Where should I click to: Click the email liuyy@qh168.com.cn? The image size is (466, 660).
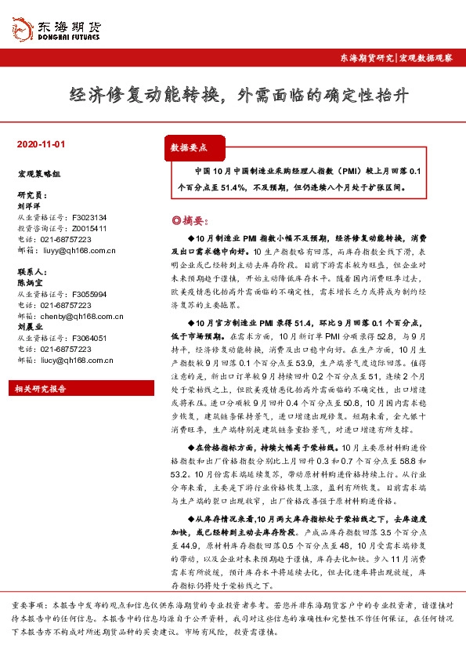(78, 251)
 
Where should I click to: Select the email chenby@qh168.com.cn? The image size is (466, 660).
(81, 316)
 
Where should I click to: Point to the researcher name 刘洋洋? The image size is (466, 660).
(29, 205)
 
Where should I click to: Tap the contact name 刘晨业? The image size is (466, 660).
(29, 327)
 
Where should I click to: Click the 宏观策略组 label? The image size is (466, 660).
(38, 174)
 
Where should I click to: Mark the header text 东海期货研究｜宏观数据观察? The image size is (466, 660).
(395, 60)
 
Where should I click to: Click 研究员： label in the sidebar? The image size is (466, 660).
(31, 194)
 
